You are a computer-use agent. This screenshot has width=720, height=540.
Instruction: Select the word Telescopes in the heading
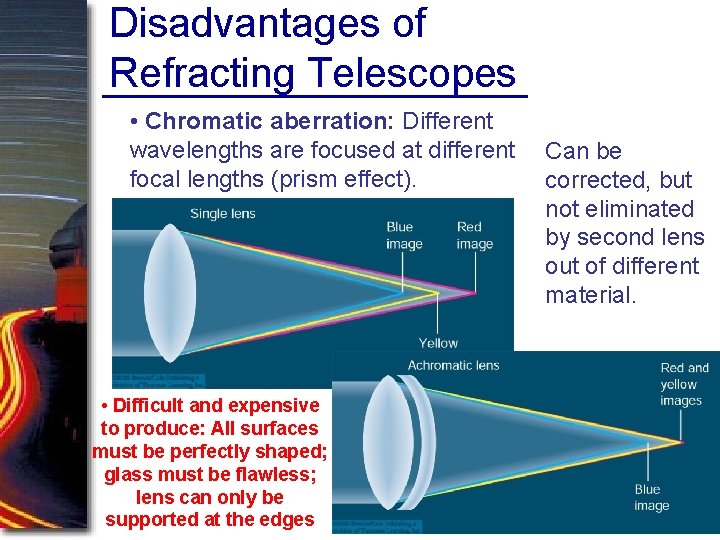pyautogui.click(x=412, y=73)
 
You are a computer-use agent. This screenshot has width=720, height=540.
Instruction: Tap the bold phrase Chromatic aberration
pyautogui.click(x=270, y=122)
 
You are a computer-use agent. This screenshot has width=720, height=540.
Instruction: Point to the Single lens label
pyautogui.click(x=222, y=213)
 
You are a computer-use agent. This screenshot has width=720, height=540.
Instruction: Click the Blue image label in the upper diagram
pyautogui.click(x=404, y=235)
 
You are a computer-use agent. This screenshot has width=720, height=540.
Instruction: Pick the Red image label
pyautogui.click(x=474, y=235)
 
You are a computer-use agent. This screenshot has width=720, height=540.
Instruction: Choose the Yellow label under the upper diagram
pyautogui.click(x=438, y=343)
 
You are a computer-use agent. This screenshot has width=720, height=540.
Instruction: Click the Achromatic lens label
pyautogui.click(x=453, y=365)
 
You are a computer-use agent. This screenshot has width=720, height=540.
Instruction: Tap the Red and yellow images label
pyautogui.click(x=684, y=384)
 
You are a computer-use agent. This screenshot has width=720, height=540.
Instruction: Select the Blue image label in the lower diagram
pyautogui.click(x=650, y=497)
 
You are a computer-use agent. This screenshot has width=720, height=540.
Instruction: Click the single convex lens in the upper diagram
pyautogui.click(x=170, y=290)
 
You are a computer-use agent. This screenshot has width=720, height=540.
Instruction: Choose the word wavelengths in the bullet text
pyautogui.click(x=191, y=151)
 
